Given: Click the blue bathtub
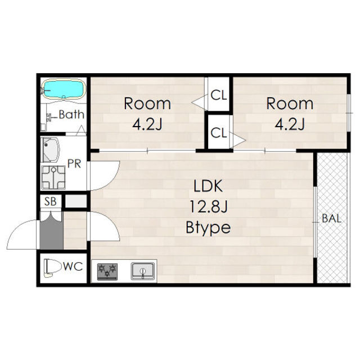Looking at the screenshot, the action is (64, 89).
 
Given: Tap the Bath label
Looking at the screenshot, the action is (71, 114).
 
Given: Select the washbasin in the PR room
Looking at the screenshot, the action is (51, 150).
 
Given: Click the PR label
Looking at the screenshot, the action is (74, 164).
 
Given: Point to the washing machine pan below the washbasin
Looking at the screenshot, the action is (53, 178).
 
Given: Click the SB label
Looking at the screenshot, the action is (50, 201).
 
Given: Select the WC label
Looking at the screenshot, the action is (73, 267).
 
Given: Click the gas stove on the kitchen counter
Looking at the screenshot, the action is (107, 272).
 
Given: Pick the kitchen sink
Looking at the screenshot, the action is (142, 271).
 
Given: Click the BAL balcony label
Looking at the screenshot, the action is (331, 218).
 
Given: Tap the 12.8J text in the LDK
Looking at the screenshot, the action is (208, 206).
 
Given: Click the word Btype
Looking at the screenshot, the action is (208, 227).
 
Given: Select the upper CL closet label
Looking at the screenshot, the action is (219, 95).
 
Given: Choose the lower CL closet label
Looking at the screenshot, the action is (218, 133).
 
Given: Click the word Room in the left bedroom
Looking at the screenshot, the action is (147, 103).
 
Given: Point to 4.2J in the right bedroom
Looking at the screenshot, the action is (290, 124).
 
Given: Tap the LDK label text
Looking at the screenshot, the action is (208, 186).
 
